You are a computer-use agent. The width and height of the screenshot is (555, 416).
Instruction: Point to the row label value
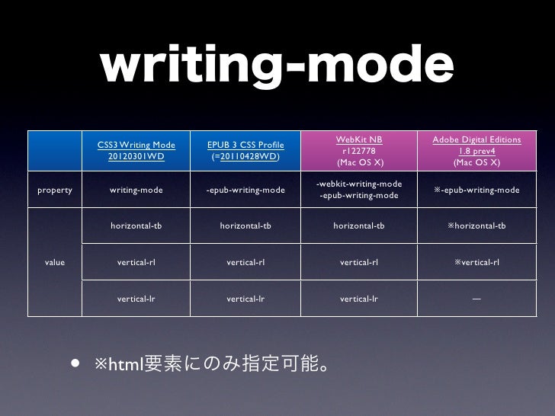55,263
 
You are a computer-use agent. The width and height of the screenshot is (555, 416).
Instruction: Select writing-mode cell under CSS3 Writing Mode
136,190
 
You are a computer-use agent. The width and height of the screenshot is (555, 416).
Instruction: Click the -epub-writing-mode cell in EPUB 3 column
245,190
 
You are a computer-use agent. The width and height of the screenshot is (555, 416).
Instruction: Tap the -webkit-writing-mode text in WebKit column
359,184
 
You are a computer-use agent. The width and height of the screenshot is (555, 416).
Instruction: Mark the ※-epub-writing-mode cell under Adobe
476,190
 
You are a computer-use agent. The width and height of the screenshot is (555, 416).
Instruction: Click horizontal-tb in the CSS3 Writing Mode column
136,226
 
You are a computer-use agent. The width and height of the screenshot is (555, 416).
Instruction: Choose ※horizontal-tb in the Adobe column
476,226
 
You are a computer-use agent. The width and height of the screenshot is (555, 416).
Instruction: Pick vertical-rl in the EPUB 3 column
245,263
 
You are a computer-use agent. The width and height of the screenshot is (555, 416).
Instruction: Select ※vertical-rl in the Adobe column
476,263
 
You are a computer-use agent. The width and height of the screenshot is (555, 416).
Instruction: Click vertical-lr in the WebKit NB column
359,299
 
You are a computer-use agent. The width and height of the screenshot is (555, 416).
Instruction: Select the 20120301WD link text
136,157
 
